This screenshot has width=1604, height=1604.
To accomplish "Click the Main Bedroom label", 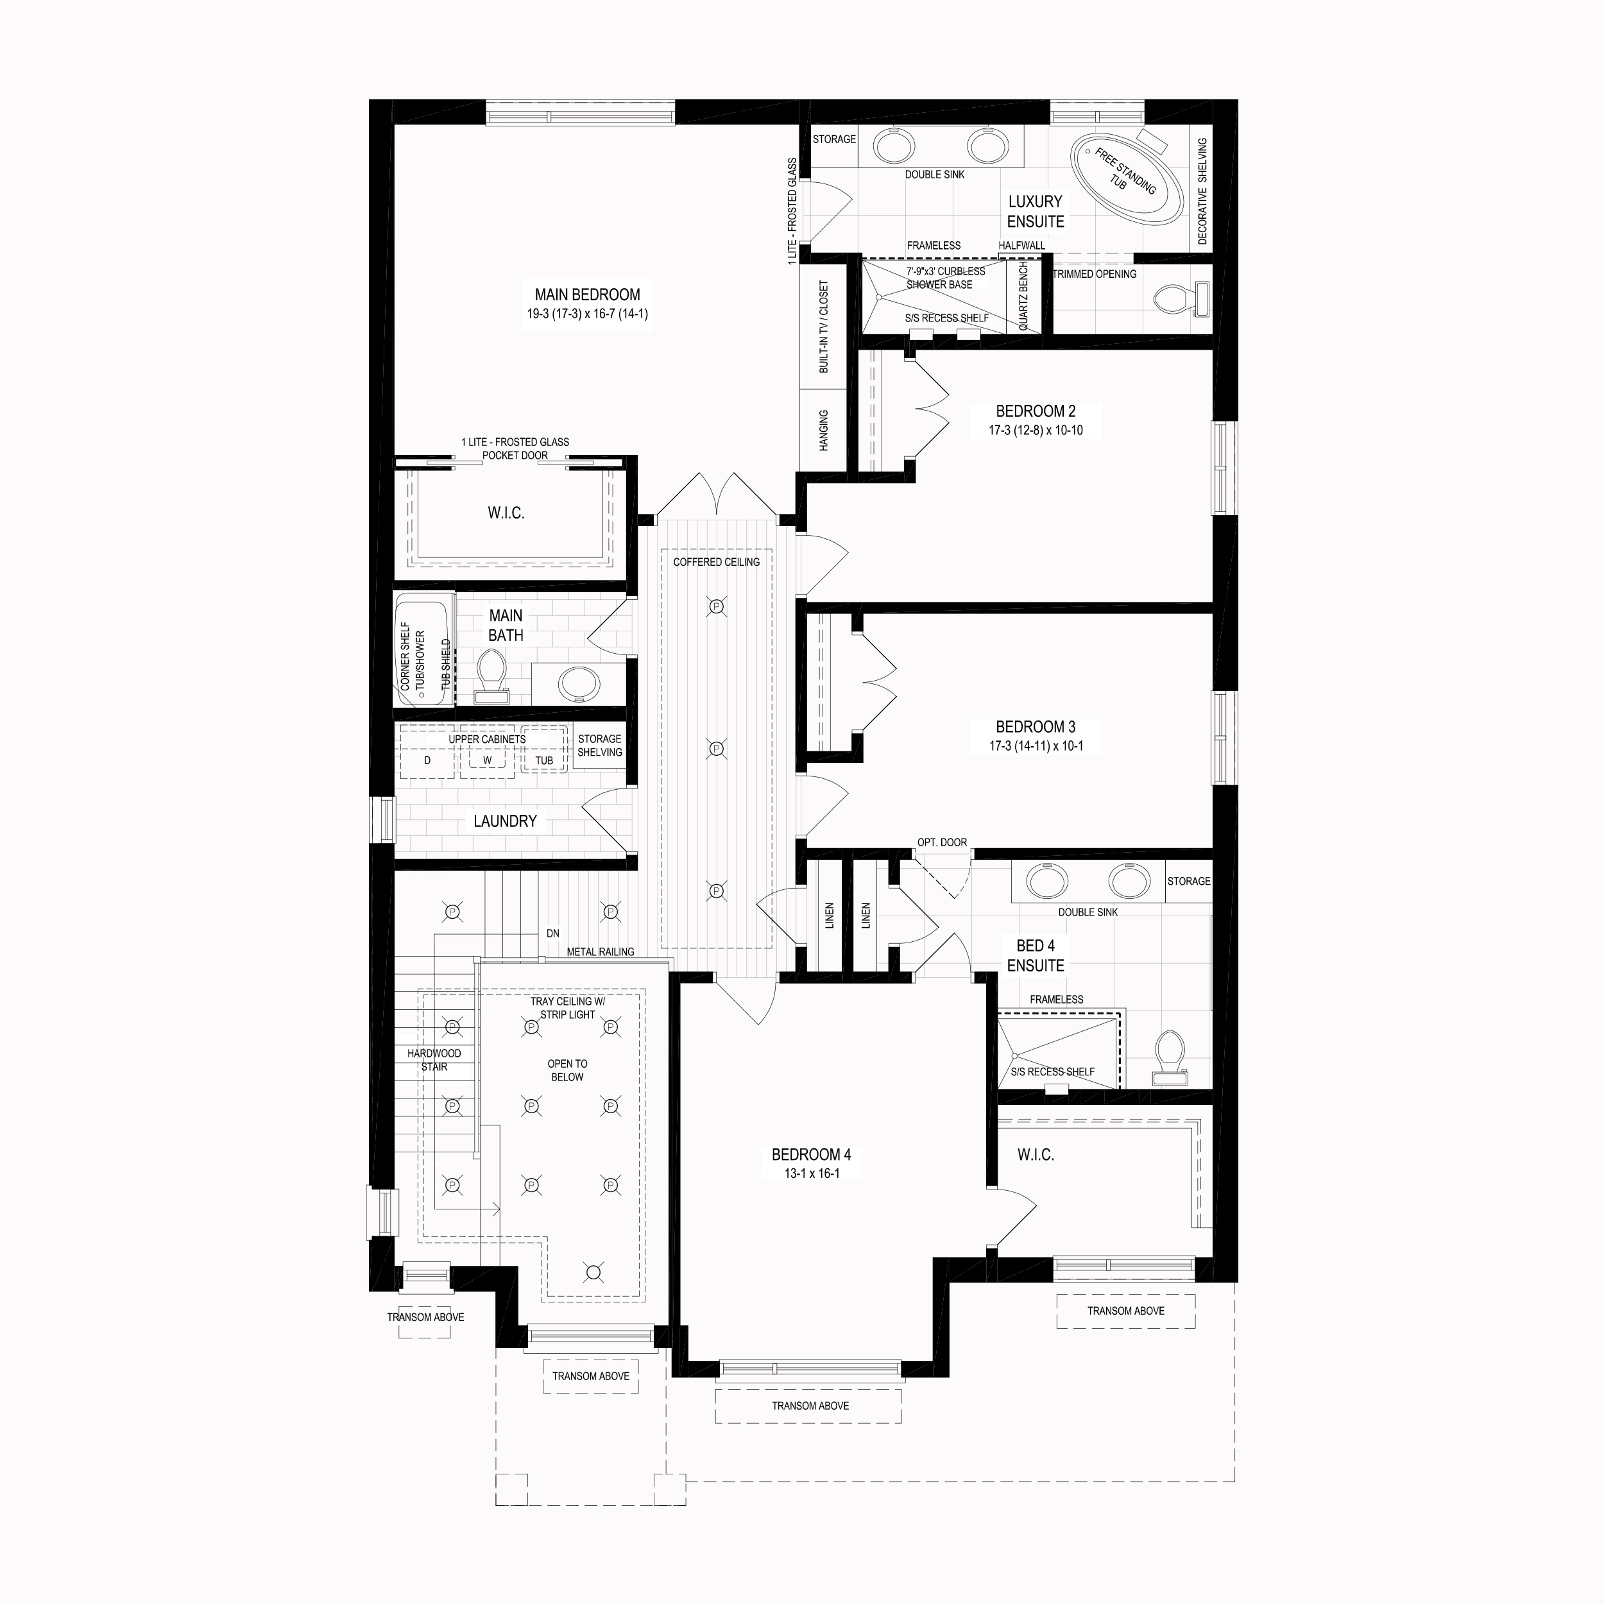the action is pyautogui.click(x=587, y=294).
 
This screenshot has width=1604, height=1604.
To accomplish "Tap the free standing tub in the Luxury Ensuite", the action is pyautogui.click(x=1127, y=178).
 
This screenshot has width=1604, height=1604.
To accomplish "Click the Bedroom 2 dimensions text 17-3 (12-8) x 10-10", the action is pyautogui.click(x=1036, y=430).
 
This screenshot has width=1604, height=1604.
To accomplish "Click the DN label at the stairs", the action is pyautogui.click(x=553, y=933).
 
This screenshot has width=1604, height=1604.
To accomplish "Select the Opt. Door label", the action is pyautogui.click(x=941, y=842).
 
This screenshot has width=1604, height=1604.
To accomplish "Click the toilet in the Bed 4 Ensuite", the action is pyautogui.click(x=1170, y=1057).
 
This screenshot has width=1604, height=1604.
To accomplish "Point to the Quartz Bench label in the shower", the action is pyautogui.click(x=1023, y=296).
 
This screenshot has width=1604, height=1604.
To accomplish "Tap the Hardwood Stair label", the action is pyautogui.click(x=434, y=1060).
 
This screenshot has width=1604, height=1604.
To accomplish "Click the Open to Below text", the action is pyautogui.click(x=567, y=1070).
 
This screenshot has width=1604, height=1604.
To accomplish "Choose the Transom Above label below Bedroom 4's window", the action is pyautogui.click(x=810, y=1406).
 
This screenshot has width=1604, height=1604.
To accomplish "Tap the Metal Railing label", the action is pyautogui.click(x=601, y=951).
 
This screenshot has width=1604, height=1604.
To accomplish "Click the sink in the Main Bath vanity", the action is pyautogui.click(x=579, y=684).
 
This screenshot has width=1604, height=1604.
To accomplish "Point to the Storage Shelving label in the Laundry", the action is pyautogui.click(x=599, y=746).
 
